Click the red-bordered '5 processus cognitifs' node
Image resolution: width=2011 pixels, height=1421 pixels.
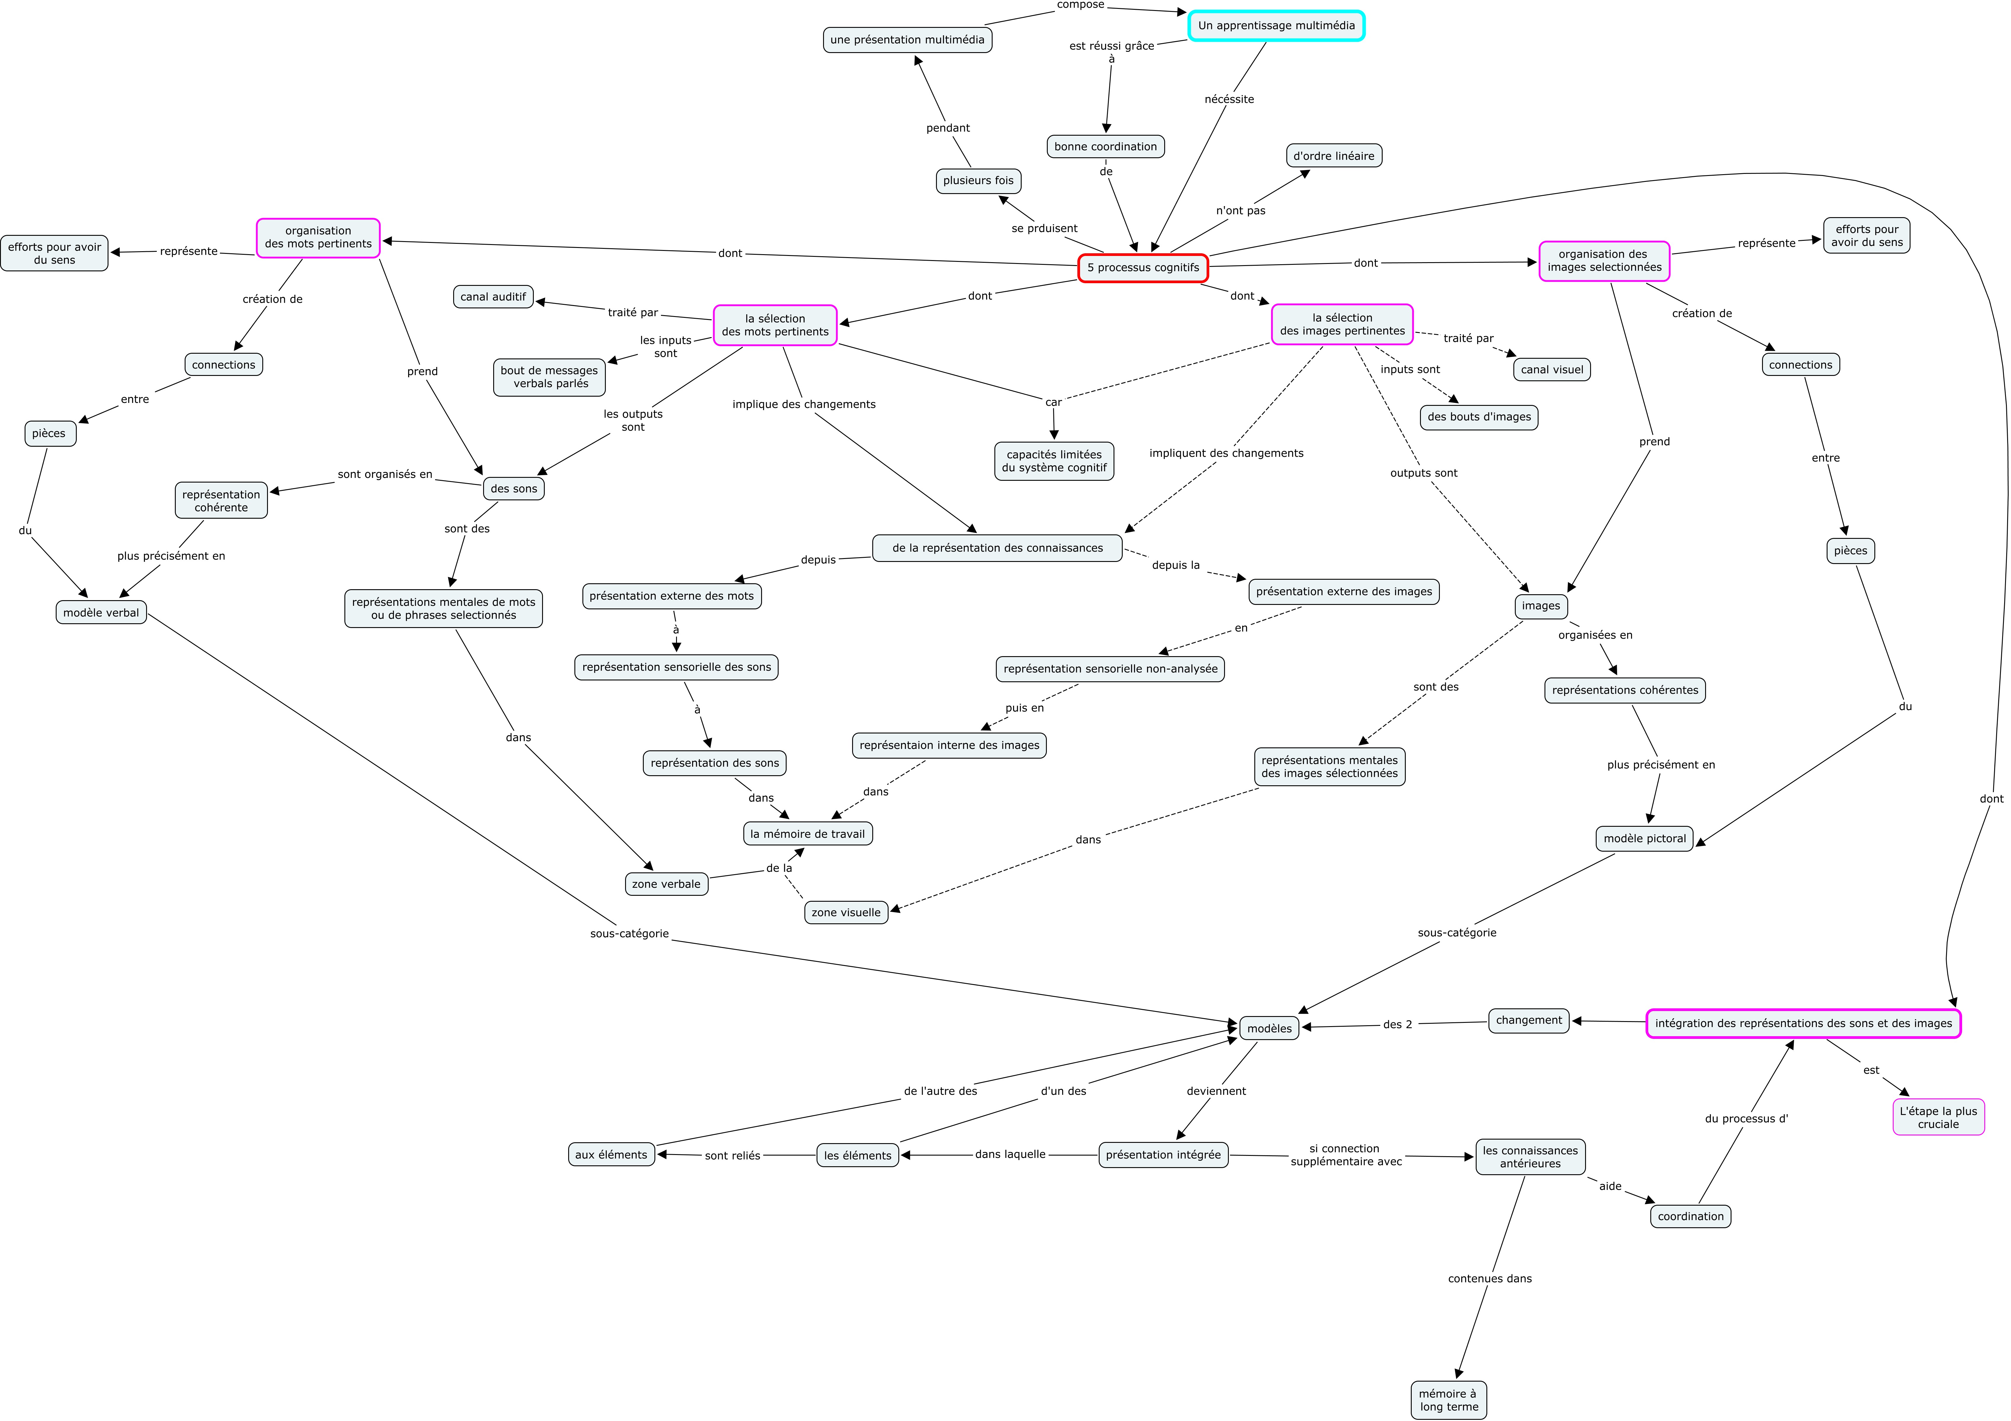(x=1143, y=268)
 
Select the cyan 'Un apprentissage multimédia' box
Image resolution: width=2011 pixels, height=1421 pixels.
(x=1276, y=25)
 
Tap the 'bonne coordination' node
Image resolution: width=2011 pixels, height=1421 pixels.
(x=1105, y=146)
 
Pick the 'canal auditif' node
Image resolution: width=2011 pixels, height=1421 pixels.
(x=493, y=297)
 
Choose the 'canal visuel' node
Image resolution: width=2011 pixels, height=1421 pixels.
(x=1552, y=369)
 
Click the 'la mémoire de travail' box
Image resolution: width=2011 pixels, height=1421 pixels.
(x=808, y=834)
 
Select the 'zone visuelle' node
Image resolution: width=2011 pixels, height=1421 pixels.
(x=846, y=912)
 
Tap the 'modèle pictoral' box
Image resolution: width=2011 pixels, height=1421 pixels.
(x=1644, y=838)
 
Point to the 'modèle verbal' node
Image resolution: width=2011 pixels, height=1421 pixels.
(x=101, y=612)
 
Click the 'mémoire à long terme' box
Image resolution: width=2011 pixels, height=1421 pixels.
(x=1449, y=1400)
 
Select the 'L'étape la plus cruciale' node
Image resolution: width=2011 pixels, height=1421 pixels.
(x=1938, y=1117)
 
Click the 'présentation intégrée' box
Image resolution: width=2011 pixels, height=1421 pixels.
(x=1163, y=1155)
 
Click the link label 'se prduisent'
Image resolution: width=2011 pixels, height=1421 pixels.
(x=1044, y=228)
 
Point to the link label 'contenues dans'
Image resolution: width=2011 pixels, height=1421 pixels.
(x=1490, y=1278)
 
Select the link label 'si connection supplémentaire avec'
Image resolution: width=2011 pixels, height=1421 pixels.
(x=1346, y=1155)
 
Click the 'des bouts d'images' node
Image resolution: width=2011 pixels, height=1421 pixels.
(x=1478, y=417)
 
